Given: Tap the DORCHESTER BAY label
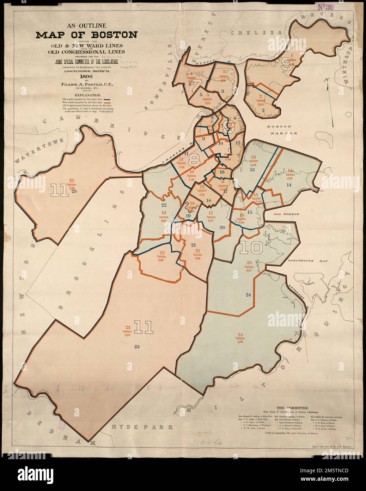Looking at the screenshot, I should coord(307,261).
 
